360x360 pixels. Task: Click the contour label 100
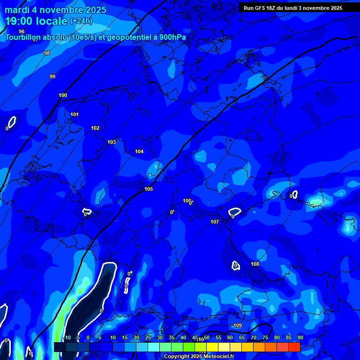coord(63,95)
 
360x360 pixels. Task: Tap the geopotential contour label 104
coord(139,151)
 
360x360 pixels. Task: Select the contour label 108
coord(255,264)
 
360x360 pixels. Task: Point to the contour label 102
coord(95,128)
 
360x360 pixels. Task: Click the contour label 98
coord(47,53)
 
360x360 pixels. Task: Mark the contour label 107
coord(215,222)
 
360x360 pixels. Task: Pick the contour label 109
coord(238,325)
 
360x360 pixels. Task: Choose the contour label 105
coord(149,189)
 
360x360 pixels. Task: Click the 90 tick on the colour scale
coord(300,338)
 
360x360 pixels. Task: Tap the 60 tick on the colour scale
coord(230,338)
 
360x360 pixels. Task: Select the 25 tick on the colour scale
coord(148,338)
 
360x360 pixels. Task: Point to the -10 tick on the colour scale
coord(67,338)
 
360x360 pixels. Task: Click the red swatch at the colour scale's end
coord(294,347)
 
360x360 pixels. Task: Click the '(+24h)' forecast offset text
coord(82,21)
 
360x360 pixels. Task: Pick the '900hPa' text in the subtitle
coord(170,37)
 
